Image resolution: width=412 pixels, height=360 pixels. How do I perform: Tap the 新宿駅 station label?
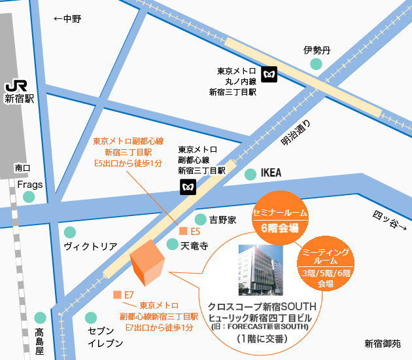[x=19, y=99]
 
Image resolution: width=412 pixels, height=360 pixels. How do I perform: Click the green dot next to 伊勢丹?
[x=317, y=63]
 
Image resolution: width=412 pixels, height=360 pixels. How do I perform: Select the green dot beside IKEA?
[x=250, y=173]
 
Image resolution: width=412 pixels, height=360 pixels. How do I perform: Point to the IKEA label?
[x=271, y=173]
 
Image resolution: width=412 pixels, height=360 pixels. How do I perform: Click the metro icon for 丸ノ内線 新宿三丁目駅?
[x=269, y=75]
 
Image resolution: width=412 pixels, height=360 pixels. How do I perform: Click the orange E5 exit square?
[x=183, y=232]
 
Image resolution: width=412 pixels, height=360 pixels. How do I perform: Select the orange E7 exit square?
[x=117, y=295]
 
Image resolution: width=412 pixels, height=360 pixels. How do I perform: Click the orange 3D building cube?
[x=147, y=262]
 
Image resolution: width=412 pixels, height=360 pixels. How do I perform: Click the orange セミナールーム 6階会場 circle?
[x=281, y=213]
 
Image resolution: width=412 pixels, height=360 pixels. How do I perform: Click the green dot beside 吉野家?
[x=201, y=219]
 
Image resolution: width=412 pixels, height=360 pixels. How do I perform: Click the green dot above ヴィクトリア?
[x=70, y=232]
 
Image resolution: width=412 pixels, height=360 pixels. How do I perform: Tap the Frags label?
[x=30, y=185]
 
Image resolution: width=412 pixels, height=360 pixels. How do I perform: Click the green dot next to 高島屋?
[x=40, y=317]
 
